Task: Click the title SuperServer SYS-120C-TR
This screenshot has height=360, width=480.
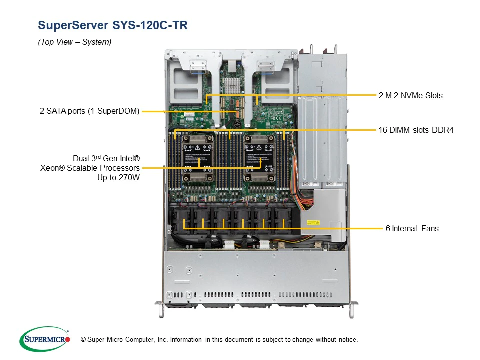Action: (113, 25)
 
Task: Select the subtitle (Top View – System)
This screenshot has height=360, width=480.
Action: (74, 42)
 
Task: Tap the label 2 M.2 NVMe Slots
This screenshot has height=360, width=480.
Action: (410, 95)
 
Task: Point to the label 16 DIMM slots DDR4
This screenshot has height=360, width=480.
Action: (416, 130)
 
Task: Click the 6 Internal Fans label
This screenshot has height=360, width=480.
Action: (412, 228)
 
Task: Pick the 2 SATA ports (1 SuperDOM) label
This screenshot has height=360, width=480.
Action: (90, 111)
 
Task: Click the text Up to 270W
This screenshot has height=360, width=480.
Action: (118, 177)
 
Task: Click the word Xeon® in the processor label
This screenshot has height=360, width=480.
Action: (52, 168)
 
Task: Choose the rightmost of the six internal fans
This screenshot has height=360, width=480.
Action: (285, 219)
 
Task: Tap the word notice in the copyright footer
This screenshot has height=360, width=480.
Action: (347, 340)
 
